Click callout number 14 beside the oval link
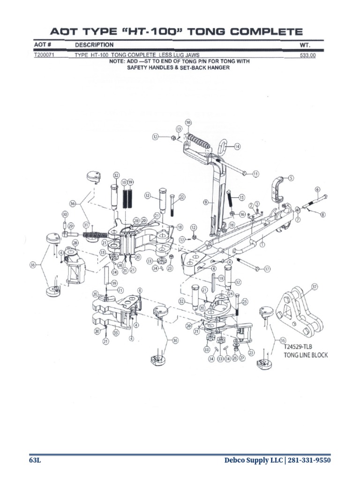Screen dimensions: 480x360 pyautogui.click(x=238, y=146)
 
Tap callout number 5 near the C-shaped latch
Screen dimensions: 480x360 pyautogui.click(x=291, y=178)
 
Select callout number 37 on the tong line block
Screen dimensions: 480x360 pyautogui.click(x=315, y=286)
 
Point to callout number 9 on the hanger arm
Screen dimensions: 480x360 pyautogui.click(x=205, y=202)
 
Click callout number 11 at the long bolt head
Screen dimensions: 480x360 pyautogui.click(x=255, y=174)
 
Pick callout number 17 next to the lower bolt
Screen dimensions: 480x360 pyautogui.click(x=267, y=269)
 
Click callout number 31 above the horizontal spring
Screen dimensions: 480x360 pyautogui.click(x=86, y=225)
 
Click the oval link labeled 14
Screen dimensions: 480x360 pyautogui.click(x=224, y=148)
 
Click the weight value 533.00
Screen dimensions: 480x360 pyautogui.click(x=308, y=55)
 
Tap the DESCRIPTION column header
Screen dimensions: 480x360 pyautogui.click(x=94, y=45)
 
